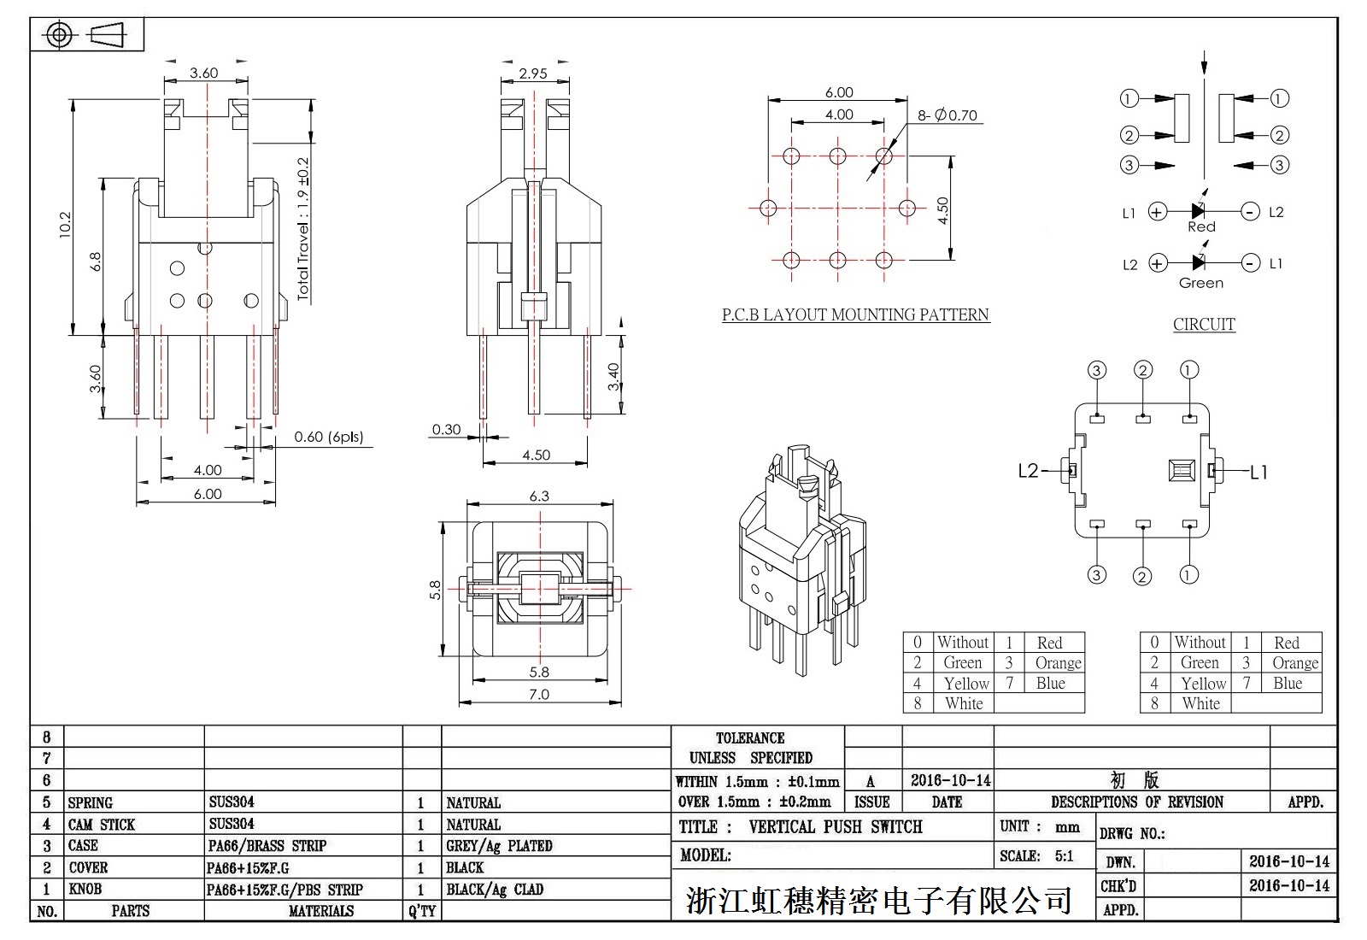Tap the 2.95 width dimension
pyautogui.click(x=533, y=73)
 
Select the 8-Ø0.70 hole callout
pyautogui.click(x=948, y=115)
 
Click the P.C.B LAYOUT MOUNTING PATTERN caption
pyautogui.click(x=855, y=314)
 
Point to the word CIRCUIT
pyautogui.click(x=1204, y=324)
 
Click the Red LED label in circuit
pyautogui.click(x=1201, y=227)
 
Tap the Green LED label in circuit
pyautogui.click(x=1201, y=283)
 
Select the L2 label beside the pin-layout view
pyautogui.click(x=1029, y=471)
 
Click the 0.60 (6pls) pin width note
pyautogui.click(x=329, y=437)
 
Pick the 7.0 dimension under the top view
pyautogui.click(x=539, y=694)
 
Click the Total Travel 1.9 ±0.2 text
pyautogui.click(x=303, y=229)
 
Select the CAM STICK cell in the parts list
pyautogui.click(x=102, y=825)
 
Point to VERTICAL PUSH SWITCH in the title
pyautogui.click(x=836, y=827)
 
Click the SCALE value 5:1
pyautogui.click(x=1064, y=856)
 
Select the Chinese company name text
pyautogui.click(x=879, y=900)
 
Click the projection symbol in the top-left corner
pyautogui.click(x=86, y=35)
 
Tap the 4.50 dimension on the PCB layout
pyautogui.click(x=942, y=210)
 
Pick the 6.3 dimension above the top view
pyautogui.click(x=539, y=496)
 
